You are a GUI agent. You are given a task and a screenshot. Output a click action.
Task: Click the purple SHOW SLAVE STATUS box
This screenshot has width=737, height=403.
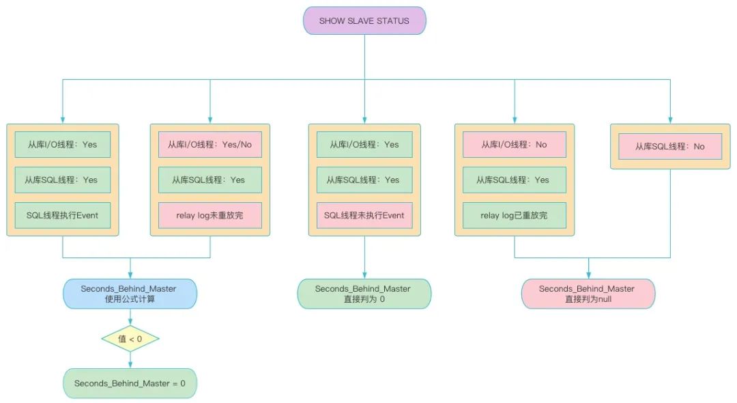(x=364, y=20)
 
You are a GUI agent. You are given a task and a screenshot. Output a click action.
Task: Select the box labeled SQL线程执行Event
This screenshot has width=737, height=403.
(x=63, y=215)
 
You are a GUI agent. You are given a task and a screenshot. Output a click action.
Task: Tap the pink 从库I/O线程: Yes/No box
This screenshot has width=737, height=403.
(x=210, y=145)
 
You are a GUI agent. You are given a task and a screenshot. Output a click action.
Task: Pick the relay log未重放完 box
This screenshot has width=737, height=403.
(x=210, y=215)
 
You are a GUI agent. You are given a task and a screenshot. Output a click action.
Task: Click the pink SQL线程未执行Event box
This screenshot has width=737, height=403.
(x=364, y=215)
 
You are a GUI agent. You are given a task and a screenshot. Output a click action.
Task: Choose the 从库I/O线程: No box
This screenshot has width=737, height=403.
(x=515, y=145)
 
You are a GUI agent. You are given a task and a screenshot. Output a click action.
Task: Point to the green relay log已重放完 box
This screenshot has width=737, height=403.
(x=515, y=215)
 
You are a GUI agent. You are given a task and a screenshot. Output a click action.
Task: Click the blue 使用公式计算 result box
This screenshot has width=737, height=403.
(x=130, y=294)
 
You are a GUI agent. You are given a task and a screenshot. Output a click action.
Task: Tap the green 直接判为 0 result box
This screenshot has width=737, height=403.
(x=364, y=294)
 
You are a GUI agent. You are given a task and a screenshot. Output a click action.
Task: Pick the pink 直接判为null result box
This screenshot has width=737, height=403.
(x=588, y=294)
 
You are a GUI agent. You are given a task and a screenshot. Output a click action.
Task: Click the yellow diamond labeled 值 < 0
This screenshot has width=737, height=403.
(x=130, y=338)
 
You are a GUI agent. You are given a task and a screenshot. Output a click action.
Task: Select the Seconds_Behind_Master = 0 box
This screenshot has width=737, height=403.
(x=130, y=383)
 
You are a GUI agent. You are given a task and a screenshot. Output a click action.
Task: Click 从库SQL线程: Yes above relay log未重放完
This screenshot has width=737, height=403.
(x=210, y=180)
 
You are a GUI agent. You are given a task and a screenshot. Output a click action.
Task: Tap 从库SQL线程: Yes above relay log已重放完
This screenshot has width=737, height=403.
(x=515, y=180)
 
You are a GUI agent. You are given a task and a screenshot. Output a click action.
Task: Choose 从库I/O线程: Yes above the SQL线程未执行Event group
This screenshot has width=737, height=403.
(x=364, y=145)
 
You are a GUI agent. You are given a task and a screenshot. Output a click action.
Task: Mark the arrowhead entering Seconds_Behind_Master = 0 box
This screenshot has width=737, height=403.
(x=130, y=365)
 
